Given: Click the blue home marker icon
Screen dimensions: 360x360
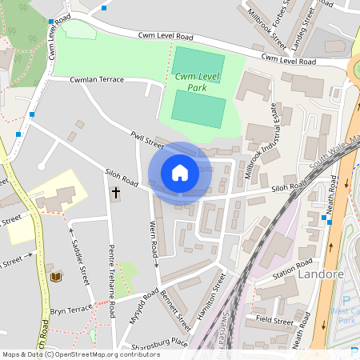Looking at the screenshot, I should pos(180,173).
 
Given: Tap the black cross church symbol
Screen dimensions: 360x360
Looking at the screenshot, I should pos(115,193).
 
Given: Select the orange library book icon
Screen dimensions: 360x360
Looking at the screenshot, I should pos(56,277).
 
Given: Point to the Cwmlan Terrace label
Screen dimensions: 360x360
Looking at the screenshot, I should pos(97,80).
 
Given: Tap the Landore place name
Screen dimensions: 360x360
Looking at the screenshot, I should pos(320,274).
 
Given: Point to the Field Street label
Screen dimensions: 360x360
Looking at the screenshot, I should pos(274,320).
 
